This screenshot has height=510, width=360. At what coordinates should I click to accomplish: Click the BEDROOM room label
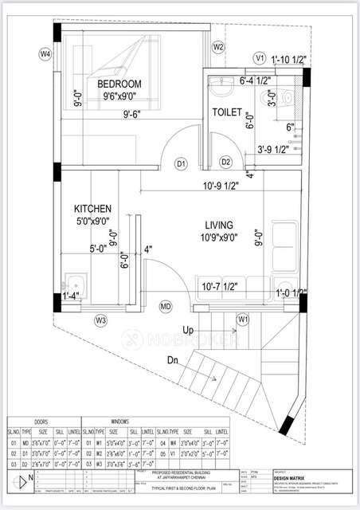[119, 84]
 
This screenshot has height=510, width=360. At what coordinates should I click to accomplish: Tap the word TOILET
[226, 113]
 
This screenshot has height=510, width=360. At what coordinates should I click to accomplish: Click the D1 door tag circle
[181, 163]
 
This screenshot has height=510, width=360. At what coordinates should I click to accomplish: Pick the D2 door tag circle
[225, 163]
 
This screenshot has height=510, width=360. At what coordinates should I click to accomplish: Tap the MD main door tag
[166, 306]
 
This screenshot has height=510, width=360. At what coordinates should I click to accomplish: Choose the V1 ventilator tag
[260, 57]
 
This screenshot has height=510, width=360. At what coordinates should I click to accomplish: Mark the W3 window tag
[101, 320]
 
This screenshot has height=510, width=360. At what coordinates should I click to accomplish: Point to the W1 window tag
[243, 320]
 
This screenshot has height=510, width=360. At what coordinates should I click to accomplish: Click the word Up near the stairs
[188, 329]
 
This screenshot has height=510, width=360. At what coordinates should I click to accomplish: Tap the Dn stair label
[173, 359]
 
